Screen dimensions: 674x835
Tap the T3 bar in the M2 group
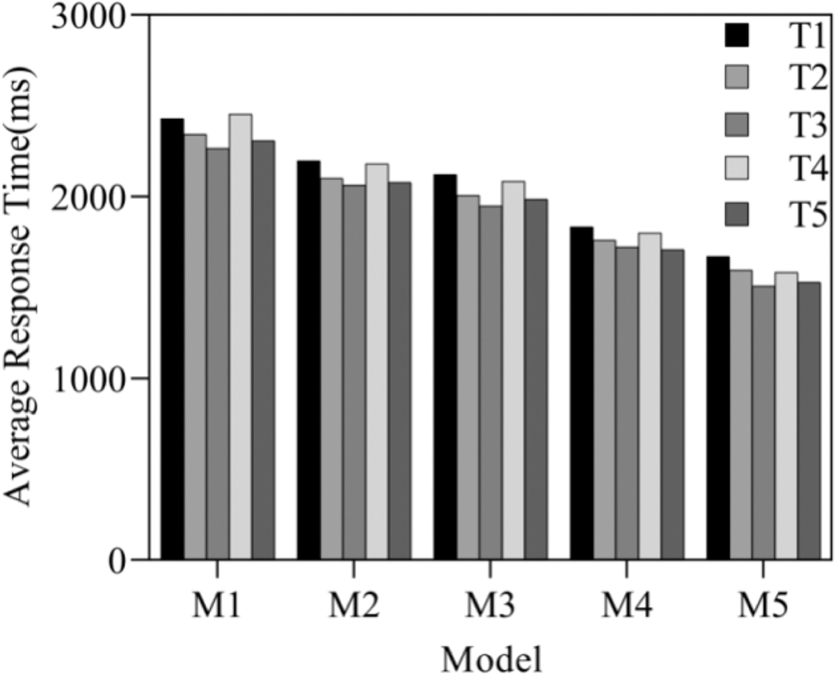[354, 372]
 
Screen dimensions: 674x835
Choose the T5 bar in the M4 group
[673, 404]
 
